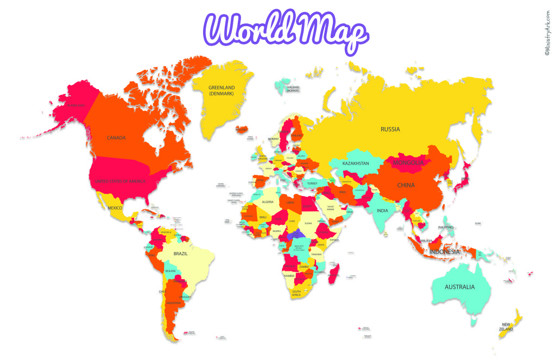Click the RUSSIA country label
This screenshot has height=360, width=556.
click(390, 129)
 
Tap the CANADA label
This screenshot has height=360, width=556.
click(116, 138)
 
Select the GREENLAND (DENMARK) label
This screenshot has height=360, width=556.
click(222, 91)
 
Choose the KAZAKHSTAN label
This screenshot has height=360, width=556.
click(356, 163)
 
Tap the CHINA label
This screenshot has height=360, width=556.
click(406, 185)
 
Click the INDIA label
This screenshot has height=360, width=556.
click(383, 211)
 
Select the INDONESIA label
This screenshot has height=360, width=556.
click(444, 252)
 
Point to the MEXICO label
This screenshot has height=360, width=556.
click(115, 208)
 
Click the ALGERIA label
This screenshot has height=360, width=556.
click(268, 202)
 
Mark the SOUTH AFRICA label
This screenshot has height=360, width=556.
click(296, 294)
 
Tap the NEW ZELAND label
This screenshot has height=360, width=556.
click(507, 326)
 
